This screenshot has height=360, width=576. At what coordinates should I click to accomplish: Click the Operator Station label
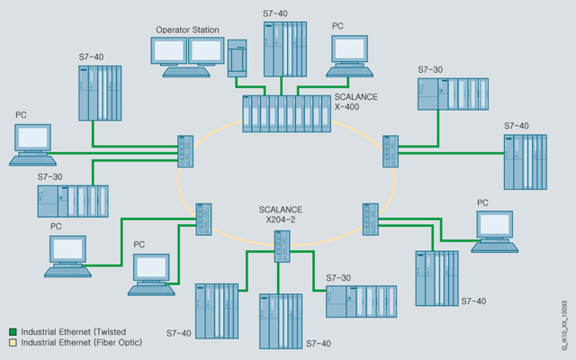point(187,30)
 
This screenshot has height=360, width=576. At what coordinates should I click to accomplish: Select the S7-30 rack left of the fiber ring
point(72,202)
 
